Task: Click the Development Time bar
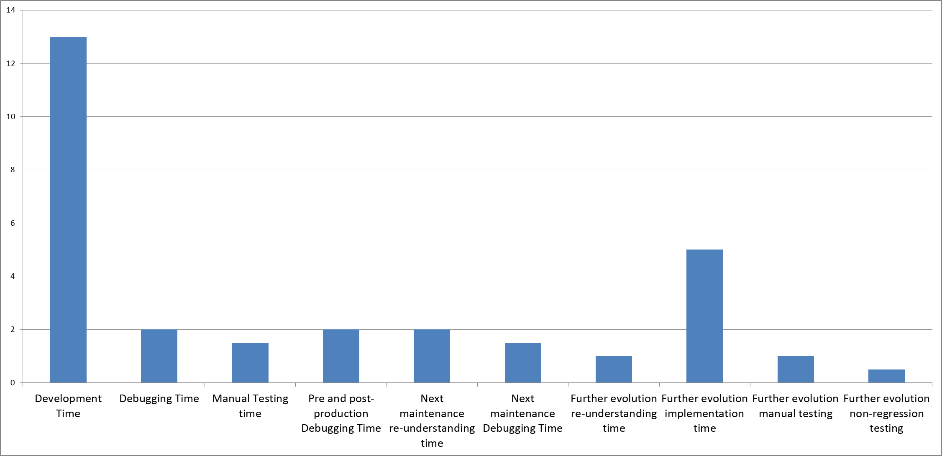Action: pyautogui.click(x=68, y=209)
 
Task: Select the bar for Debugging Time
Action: pyautogui.click(x=159, y=356)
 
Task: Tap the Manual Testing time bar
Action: pyautogui.click(x=250, y=362)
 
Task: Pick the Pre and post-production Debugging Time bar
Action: pyautogui.click(x=341, y=356)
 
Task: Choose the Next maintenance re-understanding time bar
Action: pyautogui.click(x=432, y=356)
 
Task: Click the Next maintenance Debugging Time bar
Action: pyautogui.click(x=523, y=362)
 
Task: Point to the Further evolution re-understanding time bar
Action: pyautogui.click(x=614, y=369)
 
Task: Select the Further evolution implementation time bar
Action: pyautogui.click(x=704, y=316)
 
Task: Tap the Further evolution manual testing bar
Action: pyautogui.click(x=796, y=369)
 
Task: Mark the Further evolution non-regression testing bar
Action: pyautogui.click(x=886, y=376)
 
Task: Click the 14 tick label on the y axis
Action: pyautogui.click(x=11, y=10)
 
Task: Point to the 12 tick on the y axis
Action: pyautogui.click(x=11, y=64)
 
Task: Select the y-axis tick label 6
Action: pyautogui.click(x=13, y=223)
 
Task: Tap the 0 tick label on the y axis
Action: pyautogui.click(x=13, y=383)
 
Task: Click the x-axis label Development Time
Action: pyautogui.click(x=68, y=406)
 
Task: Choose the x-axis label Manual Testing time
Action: pyautogui.click(x=250, y=406)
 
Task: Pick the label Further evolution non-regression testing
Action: pyautogui.click(x=886, y=413)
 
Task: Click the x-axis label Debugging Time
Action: pyautogui.click(x=159, y=399)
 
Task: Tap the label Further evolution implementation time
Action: pyautogui.click(x=704, y=413)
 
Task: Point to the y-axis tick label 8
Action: pyautogui.click(x=13, y=170)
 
